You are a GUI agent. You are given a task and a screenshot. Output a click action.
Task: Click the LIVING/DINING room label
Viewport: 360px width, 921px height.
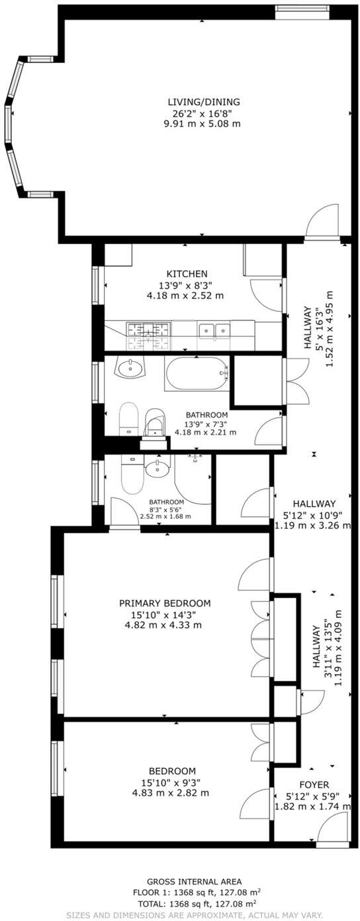click(x=202, y=102)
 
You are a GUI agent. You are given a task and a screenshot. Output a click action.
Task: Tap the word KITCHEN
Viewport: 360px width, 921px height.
click(x=187, y=274)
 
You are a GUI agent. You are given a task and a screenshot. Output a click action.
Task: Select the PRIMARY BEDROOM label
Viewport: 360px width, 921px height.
click(x=165, y=603)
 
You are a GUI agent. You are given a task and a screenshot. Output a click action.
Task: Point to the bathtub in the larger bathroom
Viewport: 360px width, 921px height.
click(x=196, y=374)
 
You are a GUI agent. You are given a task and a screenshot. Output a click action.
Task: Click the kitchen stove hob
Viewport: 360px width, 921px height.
click(x=148, y=329)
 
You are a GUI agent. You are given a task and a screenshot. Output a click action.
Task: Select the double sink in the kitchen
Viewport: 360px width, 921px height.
click(x=214, y=329)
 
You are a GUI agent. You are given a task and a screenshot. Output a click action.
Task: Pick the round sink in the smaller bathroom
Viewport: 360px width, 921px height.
click(x=158, y=468)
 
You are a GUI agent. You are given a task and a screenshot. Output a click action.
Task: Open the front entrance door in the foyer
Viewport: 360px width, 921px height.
click(x=332, y=828)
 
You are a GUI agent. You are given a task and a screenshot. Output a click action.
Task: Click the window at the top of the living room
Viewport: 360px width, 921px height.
click(x=302, y=9)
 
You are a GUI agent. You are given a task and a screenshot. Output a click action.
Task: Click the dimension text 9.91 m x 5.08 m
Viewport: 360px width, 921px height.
click(x=202, y=124)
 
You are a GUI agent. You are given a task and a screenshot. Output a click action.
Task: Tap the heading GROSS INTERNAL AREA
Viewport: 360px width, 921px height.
click(x=194, y=881)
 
